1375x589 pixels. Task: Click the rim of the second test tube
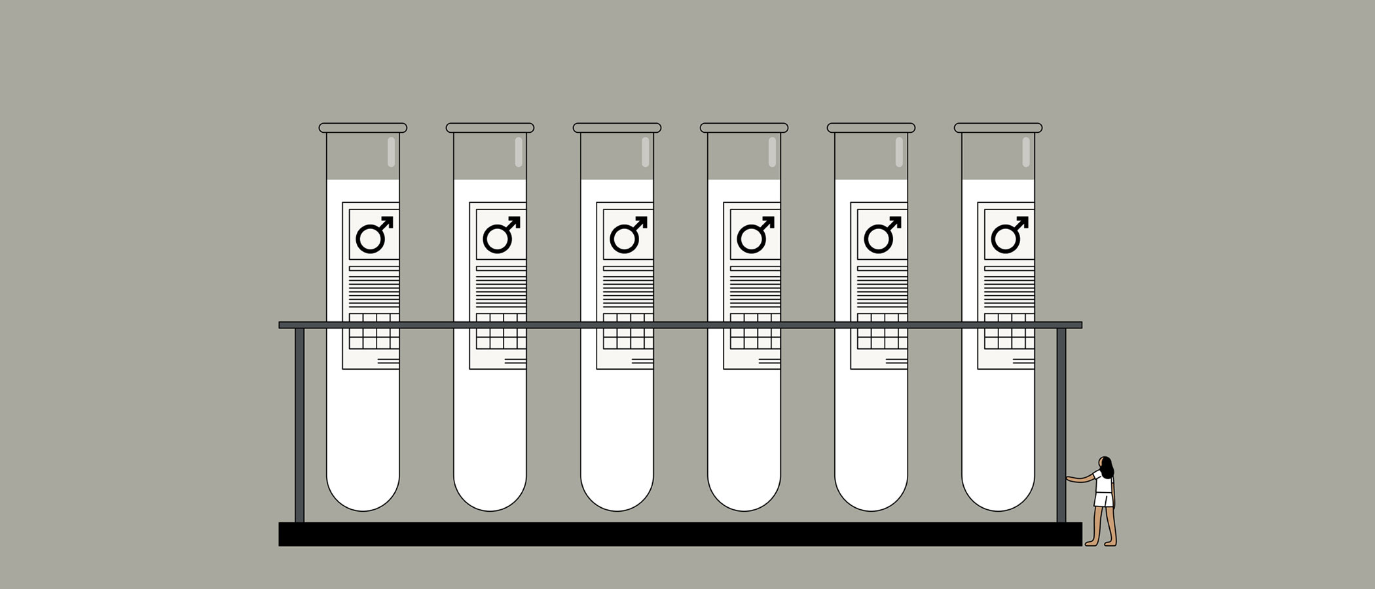490,128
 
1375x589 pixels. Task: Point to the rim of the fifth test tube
871,128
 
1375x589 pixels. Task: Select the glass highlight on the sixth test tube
1026,152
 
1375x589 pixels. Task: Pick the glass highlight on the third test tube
645,152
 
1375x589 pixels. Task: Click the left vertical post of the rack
299,425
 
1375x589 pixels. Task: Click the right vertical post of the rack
1061,425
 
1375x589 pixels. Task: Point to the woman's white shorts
1103,500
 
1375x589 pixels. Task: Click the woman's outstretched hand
1069,478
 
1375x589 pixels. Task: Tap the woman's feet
1101,543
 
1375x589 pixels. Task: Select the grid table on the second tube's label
500,332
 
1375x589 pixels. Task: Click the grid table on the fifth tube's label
881,332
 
